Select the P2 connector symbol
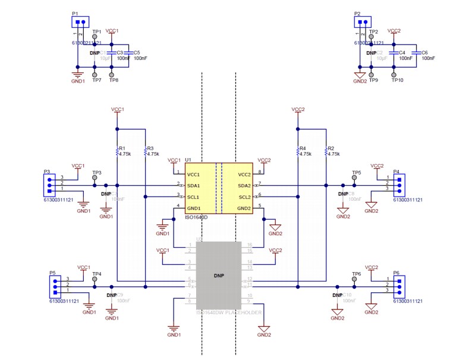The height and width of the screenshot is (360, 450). (361, 22)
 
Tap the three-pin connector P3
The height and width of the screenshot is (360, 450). (48, 183)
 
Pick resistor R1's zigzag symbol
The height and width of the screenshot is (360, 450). (117, 151)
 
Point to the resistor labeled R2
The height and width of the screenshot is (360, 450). (326, 151)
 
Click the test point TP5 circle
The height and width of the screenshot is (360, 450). (355, 178)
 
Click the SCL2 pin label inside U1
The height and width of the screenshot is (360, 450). (244, 197)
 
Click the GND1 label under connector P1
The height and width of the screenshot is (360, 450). (77, 81)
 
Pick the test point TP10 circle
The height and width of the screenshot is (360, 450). (394, 74)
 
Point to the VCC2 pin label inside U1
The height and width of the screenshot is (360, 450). (244, 175)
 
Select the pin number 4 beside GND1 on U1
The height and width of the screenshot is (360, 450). (178, 206)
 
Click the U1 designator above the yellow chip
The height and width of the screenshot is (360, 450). (188, 160)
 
